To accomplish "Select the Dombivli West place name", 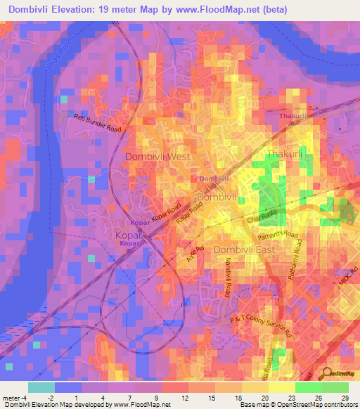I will pos(157,157).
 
